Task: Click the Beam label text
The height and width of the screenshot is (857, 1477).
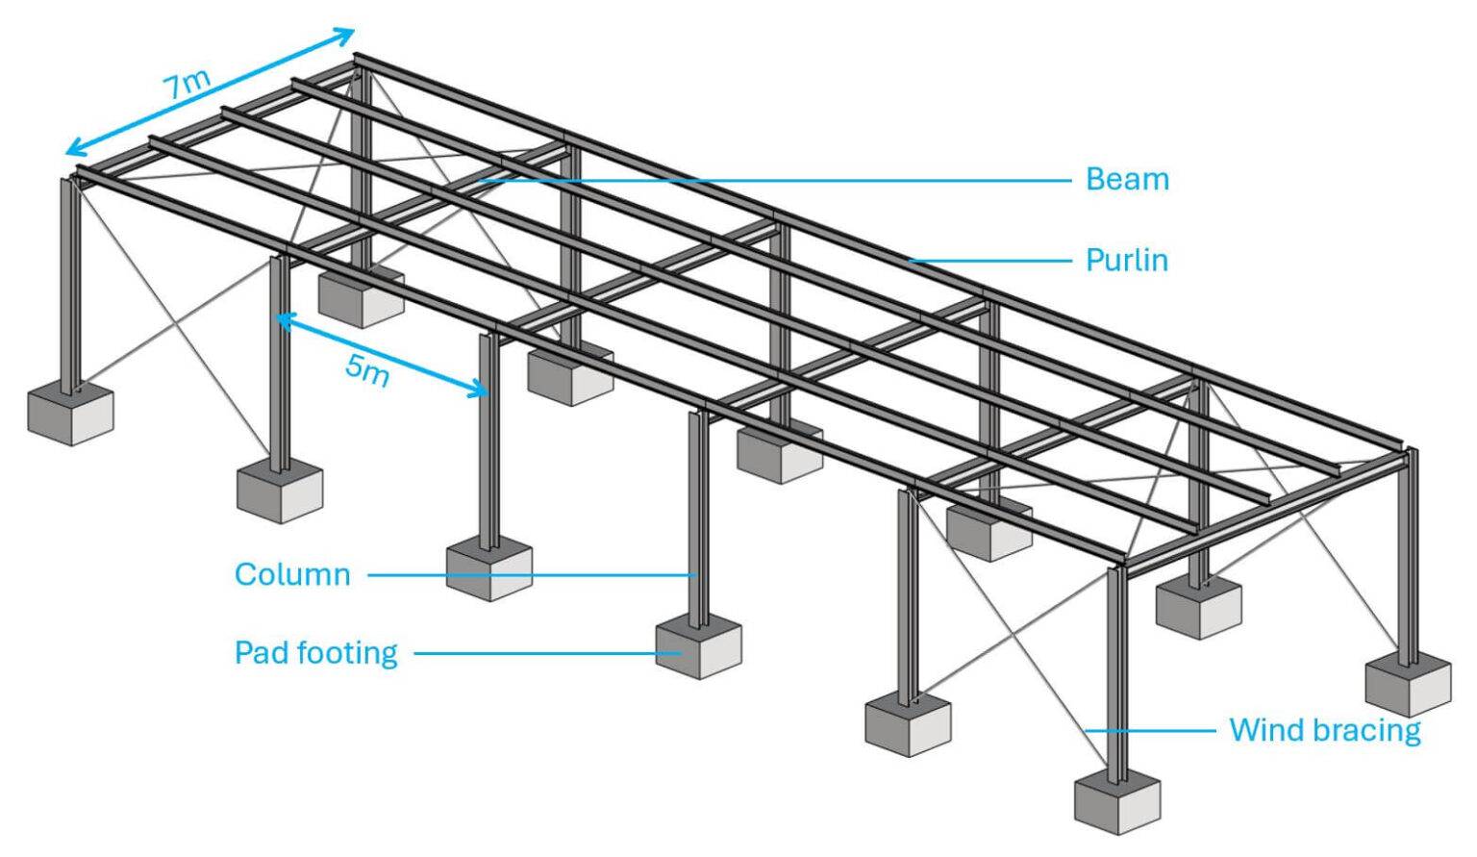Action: point(1127,179)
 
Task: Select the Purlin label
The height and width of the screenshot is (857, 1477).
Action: point(1127,260)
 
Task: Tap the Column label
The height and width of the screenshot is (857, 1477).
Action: point(292,575)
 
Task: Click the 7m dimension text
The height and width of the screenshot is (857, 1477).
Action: point(186,85)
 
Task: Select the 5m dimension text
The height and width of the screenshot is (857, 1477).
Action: point(367,368)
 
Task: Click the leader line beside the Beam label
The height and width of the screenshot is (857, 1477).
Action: point(769,180)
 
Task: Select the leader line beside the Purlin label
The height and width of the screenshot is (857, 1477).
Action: point(990,261)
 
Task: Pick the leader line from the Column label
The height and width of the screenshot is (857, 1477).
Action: point(529,575)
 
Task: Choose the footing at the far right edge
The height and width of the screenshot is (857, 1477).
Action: point(1409,683)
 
